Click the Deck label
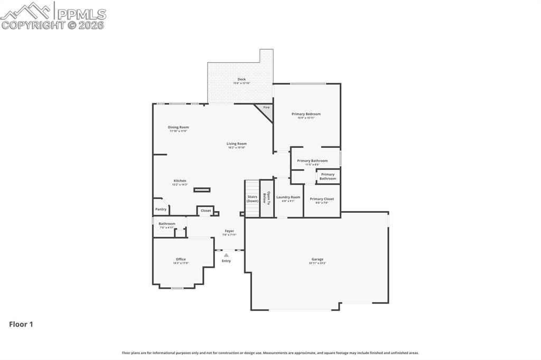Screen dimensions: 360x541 [x=241, y=79]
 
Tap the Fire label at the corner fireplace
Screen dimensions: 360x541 [x=266, y=108]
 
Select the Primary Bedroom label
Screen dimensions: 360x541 [x=306, y=114]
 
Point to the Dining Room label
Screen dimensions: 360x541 [x=178, y=127]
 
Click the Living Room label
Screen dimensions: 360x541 [x=237, y=144]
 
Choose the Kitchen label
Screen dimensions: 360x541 [x=180, y=181]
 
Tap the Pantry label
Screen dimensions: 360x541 [x=161, y=209]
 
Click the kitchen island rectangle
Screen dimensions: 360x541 [x=202, y=190]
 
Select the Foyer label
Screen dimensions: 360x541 [x=229, y=231]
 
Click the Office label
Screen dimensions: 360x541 [x=181, y=259]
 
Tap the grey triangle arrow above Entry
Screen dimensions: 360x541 [x=226, y=255]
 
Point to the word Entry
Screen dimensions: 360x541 [x=226, y=261]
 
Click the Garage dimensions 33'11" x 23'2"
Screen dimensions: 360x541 [x=318, y=263]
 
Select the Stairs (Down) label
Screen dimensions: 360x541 [x=253, y=198]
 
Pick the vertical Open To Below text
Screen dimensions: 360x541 [x=266, y=197]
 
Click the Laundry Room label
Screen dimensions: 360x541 [x=288, y=197]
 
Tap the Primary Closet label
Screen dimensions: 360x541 [x=322, y=199]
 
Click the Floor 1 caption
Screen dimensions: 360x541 [x=21, y=324]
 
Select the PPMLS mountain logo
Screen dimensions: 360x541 [x=26, y=11]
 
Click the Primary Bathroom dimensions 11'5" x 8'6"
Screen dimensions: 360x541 [x=312, y=165]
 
